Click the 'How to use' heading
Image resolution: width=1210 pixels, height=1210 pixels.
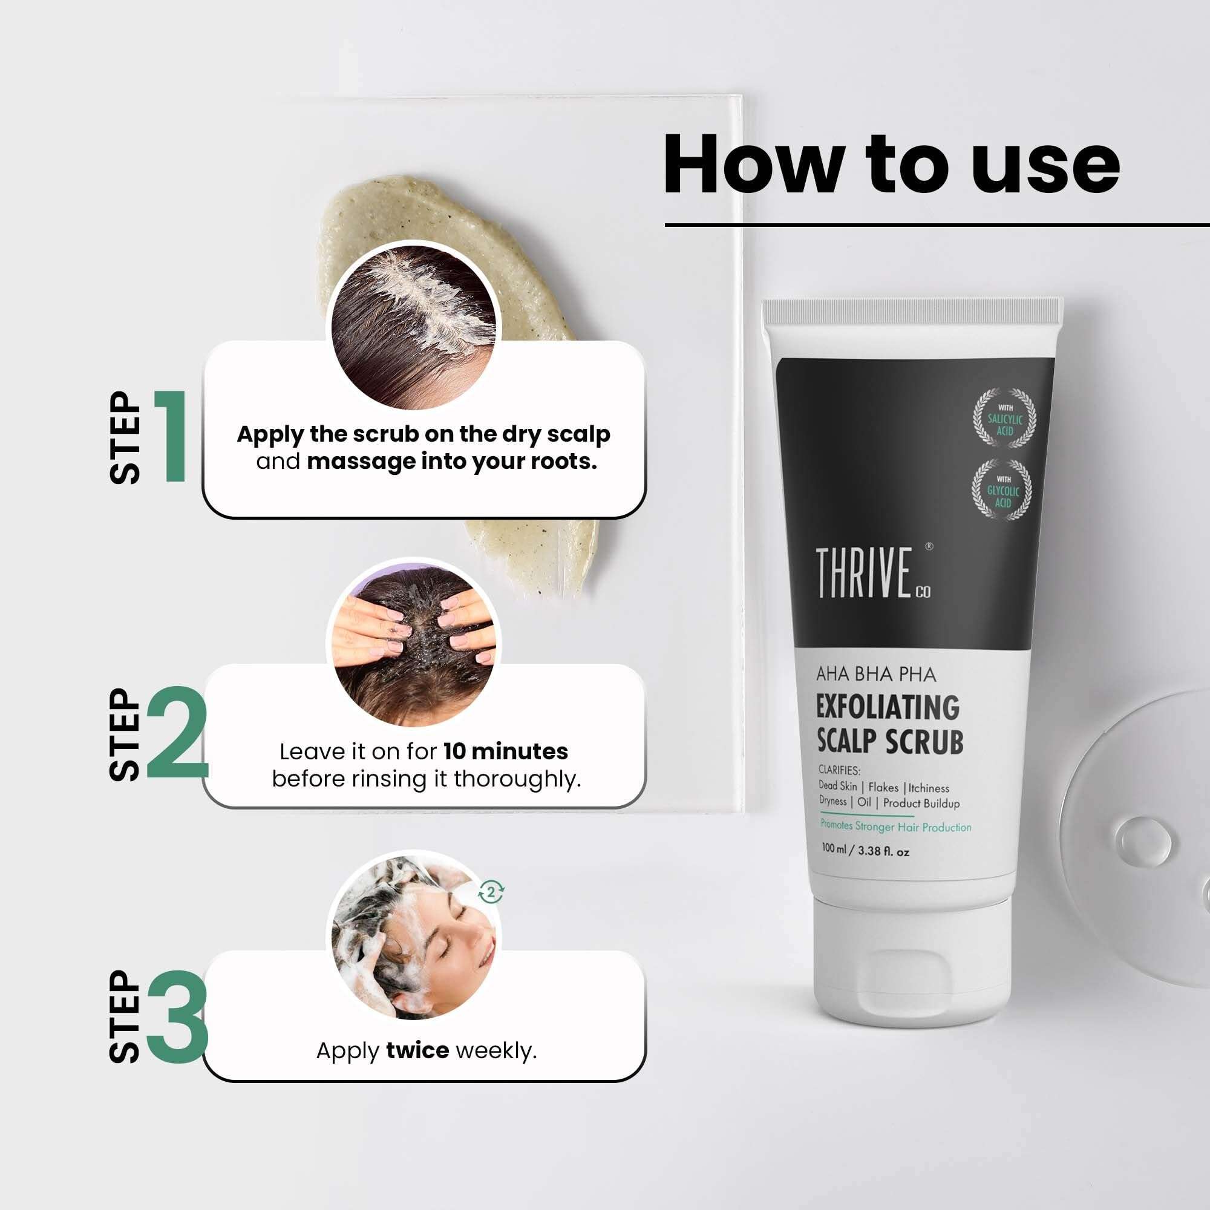(x=891, y=164)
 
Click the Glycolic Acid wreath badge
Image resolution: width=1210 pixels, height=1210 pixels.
(x=1002, y=489)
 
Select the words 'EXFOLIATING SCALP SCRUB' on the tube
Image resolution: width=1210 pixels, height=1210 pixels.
(x=888, y=725)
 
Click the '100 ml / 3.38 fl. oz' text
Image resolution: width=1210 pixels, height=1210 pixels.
(x=865, y=850)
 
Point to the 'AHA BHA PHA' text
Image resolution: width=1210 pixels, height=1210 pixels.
(x=875, y=675)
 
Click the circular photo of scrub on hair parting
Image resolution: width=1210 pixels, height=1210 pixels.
(x=413, y=325)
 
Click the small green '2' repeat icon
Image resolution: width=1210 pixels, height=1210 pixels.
(x=491, y=892)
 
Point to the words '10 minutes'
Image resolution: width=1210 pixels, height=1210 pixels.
(x=505, y=751)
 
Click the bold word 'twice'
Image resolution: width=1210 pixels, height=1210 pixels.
(x=417, y=1050)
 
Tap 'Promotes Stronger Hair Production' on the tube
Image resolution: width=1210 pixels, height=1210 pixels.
(x=895, y=826)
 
